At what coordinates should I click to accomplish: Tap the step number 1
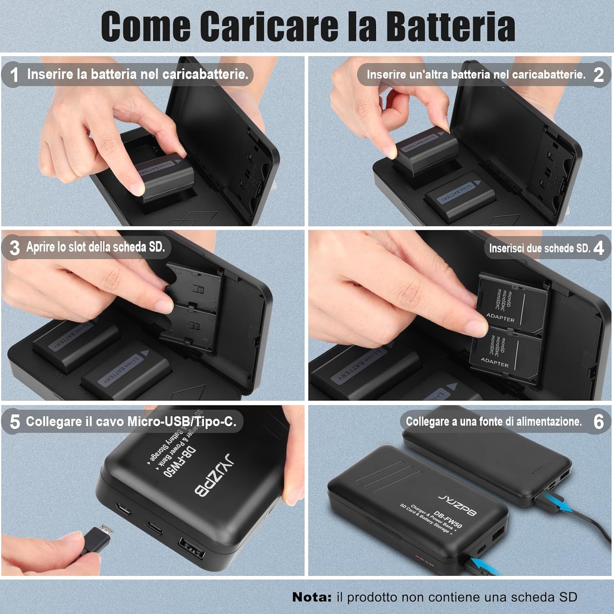click(14, 74)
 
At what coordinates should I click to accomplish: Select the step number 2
click(598, 74)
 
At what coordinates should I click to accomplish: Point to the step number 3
click(15, 248)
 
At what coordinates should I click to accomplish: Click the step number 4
click(598, 248)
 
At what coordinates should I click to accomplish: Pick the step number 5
click(15, 422)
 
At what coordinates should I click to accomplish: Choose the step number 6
click(598, 422)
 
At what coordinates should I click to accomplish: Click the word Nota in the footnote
click(312, 597)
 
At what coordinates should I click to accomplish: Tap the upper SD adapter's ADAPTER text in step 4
click(500, 318)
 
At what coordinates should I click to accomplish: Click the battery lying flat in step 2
click(460, 194)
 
